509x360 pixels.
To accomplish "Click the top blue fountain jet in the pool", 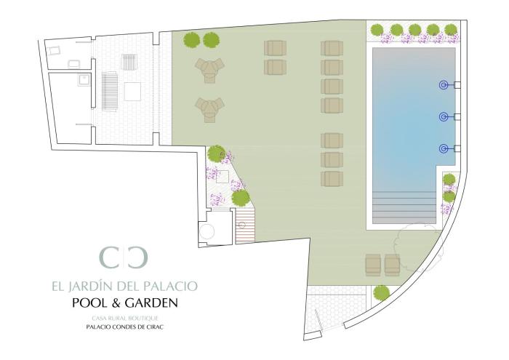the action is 444,85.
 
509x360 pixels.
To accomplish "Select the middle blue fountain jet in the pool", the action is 444,116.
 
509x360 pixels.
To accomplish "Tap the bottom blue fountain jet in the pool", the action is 444,148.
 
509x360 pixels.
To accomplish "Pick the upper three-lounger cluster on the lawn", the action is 209,70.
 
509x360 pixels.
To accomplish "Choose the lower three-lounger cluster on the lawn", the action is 209,110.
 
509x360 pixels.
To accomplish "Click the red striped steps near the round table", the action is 245,226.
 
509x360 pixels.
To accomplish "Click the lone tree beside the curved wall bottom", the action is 381,293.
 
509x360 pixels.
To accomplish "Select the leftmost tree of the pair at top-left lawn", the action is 191,40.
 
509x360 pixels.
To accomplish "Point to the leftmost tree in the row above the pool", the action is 377,31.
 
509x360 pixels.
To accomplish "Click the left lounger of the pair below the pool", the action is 373,265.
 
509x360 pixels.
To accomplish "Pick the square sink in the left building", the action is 84,79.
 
